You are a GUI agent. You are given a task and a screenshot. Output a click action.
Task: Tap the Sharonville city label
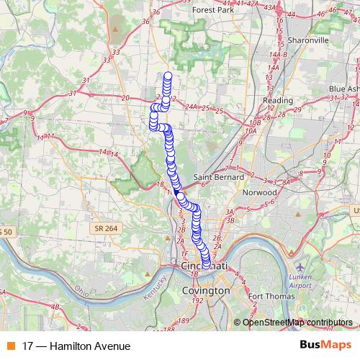308,40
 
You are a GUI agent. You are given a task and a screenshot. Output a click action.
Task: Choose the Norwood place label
260,193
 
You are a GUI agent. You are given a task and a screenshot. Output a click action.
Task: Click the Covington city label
206,290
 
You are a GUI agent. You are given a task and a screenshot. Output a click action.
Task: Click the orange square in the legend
10,346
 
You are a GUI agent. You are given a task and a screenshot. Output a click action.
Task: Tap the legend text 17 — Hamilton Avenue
71,346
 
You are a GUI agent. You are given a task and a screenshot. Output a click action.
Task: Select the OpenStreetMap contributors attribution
297,323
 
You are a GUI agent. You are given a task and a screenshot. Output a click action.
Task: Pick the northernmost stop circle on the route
168,76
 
